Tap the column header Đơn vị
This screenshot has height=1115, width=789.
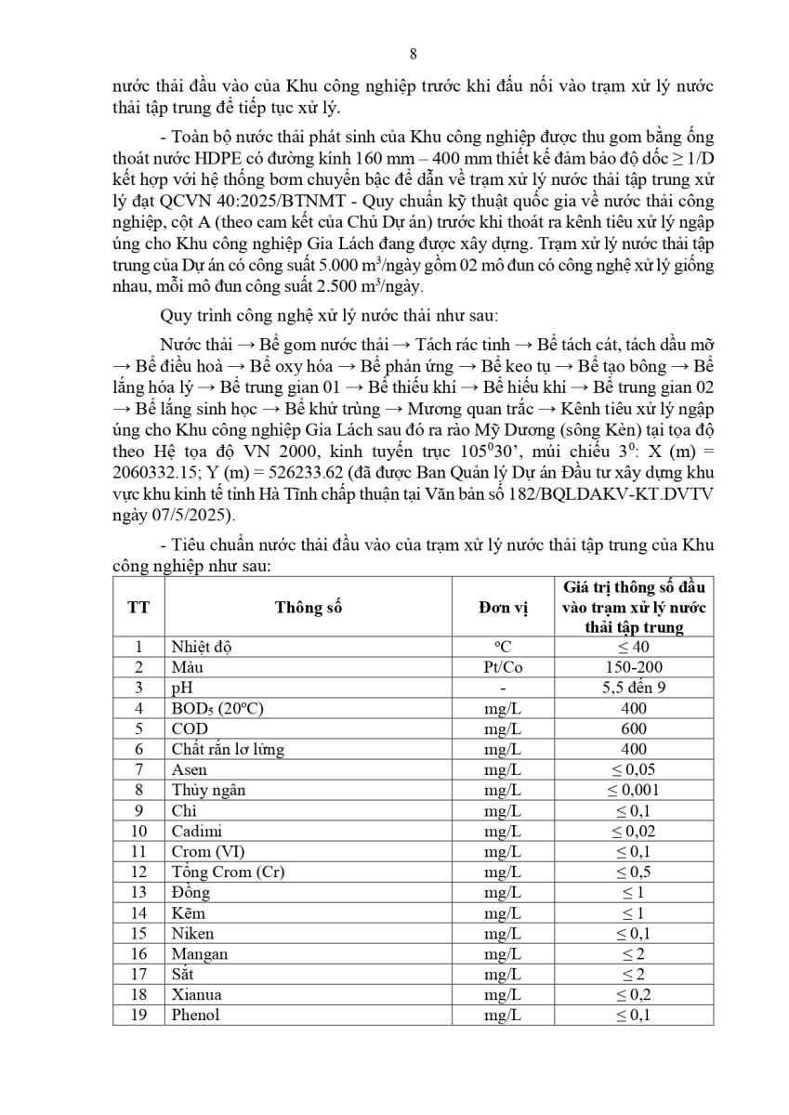click(502, 608)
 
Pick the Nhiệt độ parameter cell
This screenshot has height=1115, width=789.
click(202, 648)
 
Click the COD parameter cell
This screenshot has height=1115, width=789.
click(189, 728)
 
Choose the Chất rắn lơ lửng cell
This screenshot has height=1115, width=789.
click(228, 749)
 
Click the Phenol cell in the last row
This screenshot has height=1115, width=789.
click(195, 1015)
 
